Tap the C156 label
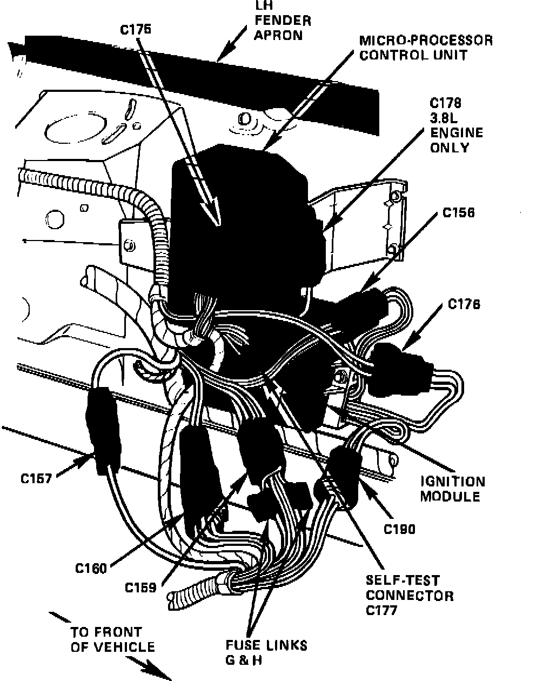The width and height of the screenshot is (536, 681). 458,213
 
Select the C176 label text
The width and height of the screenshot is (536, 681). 464,305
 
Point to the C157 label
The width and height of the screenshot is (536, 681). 37,478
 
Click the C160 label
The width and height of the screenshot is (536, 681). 91,569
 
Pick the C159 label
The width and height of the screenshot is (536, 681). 140,587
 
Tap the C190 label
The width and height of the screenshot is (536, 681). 399,529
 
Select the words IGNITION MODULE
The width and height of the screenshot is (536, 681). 453,489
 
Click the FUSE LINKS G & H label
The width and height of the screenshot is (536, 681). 266,652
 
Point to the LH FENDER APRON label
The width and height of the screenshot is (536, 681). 283,22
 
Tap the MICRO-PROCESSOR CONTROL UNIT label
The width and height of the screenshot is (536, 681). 426,48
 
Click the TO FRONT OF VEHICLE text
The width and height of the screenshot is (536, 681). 112,639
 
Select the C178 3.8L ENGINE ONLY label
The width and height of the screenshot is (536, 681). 456,125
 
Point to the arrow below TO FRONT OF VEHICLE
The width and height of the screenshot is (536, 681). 149,668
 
